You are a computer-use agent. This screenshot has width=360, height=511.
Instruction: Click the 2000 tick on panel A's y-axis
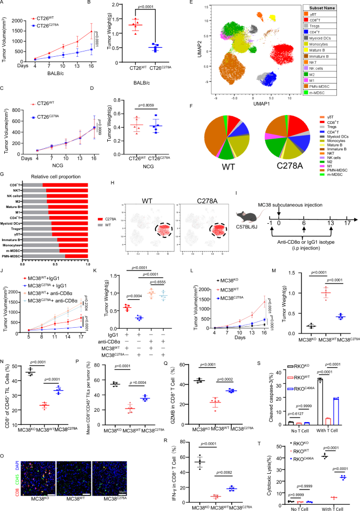22,15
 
